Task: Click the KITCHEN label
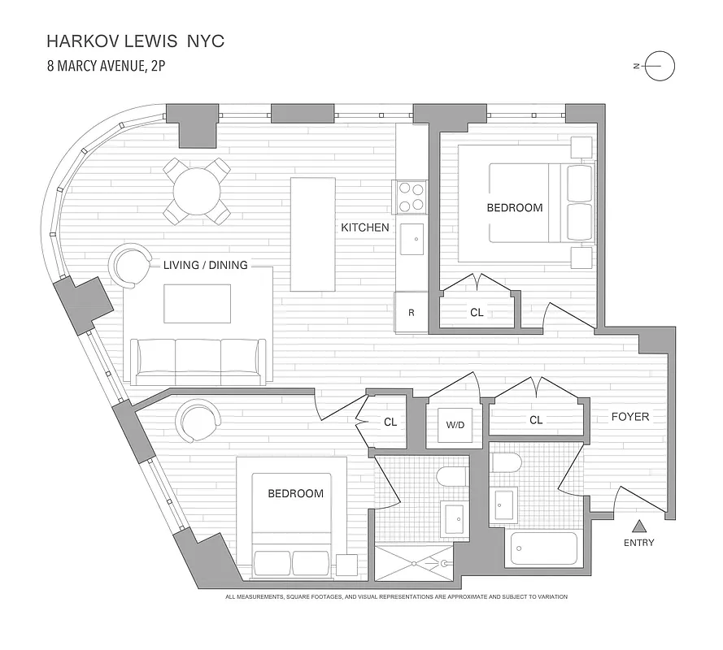tap(365, 227)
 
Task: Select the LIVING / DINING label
tap(206, 265)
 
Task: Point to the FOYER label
tap(630, 417)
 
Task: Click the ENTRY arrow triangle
tap(639, 526)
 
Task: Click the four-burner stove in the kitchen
tap(412, 196)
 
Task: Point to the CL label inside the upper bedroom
tap(477, 312)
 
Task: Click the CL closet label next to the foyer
tap(536, 420)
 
